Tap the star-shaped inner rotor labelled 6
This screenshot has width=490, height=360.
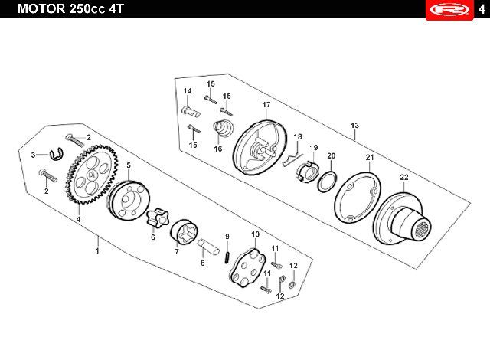[x=157, y=218]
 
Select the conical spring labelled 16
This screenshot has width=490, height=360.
[x=223, y=128]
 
